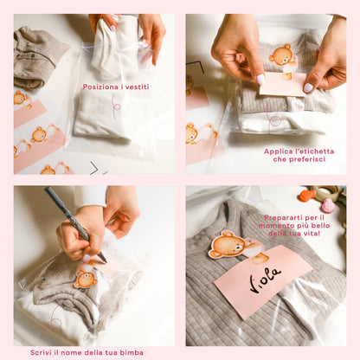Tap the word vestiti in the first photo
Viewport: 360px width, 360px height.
(x=137, y=87)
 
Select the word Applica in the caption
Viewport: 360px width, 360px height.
(x=277, y=151)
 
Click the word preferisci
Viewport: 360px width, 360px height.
(x=307, y=159)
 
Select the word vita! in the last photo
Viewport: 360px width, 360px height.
(x=312, y=233)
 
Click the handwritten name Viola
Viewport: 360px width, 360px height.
(x=266, y=280)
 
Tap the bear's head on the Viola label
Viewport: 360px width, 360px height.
(x=227, y=245)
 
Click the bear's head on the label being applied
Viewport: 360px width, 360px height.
(x=281, y=55)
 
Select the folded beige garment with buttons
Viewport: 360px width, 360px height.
(x=36, y=58)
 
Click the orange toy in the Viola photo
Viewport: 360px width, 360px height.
(x=307, y=196)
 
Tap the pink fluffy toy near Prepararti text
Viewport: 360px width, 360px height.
(x=329, y=206)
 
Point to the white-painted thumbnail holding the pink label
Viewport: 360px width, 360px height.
(x=260, y=80)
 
